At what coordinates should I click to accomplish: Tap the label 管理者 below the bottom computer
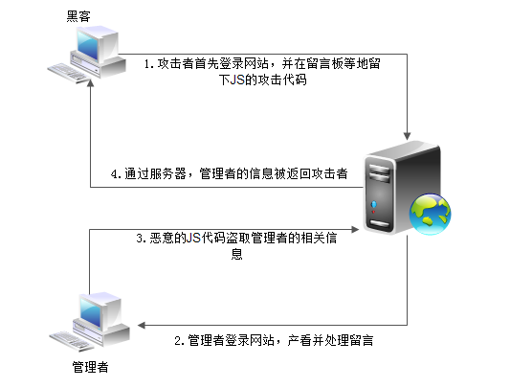point(91,367)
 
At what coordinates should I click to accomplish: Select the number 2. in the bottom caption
point(179,340)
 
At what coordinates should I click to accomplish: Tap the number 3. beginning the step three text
point(140,238)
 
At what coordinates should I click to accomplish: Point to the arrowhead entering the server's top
point(409,131)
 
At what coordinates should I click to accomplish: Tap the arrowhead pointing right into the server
point(355,230)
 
